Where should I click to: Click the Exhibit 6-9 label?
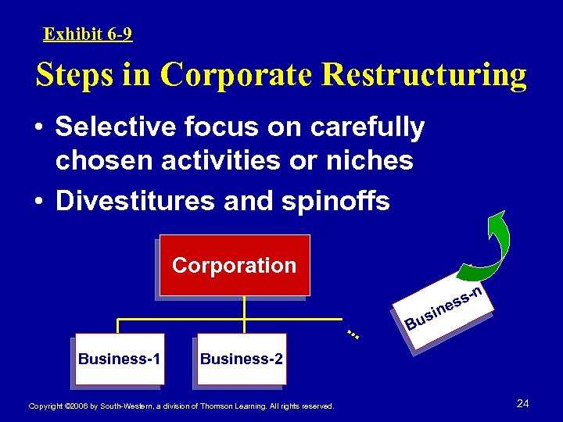pos(88,34)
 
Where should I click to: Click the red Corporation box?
pos(234,265)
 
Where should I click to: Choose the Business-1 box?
pos(120,359)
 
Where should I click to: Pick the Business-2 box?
pos(242,359)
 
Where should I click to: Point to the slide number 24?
pos(523,403)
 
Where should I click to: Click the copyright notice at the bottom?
pos(181,406)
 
